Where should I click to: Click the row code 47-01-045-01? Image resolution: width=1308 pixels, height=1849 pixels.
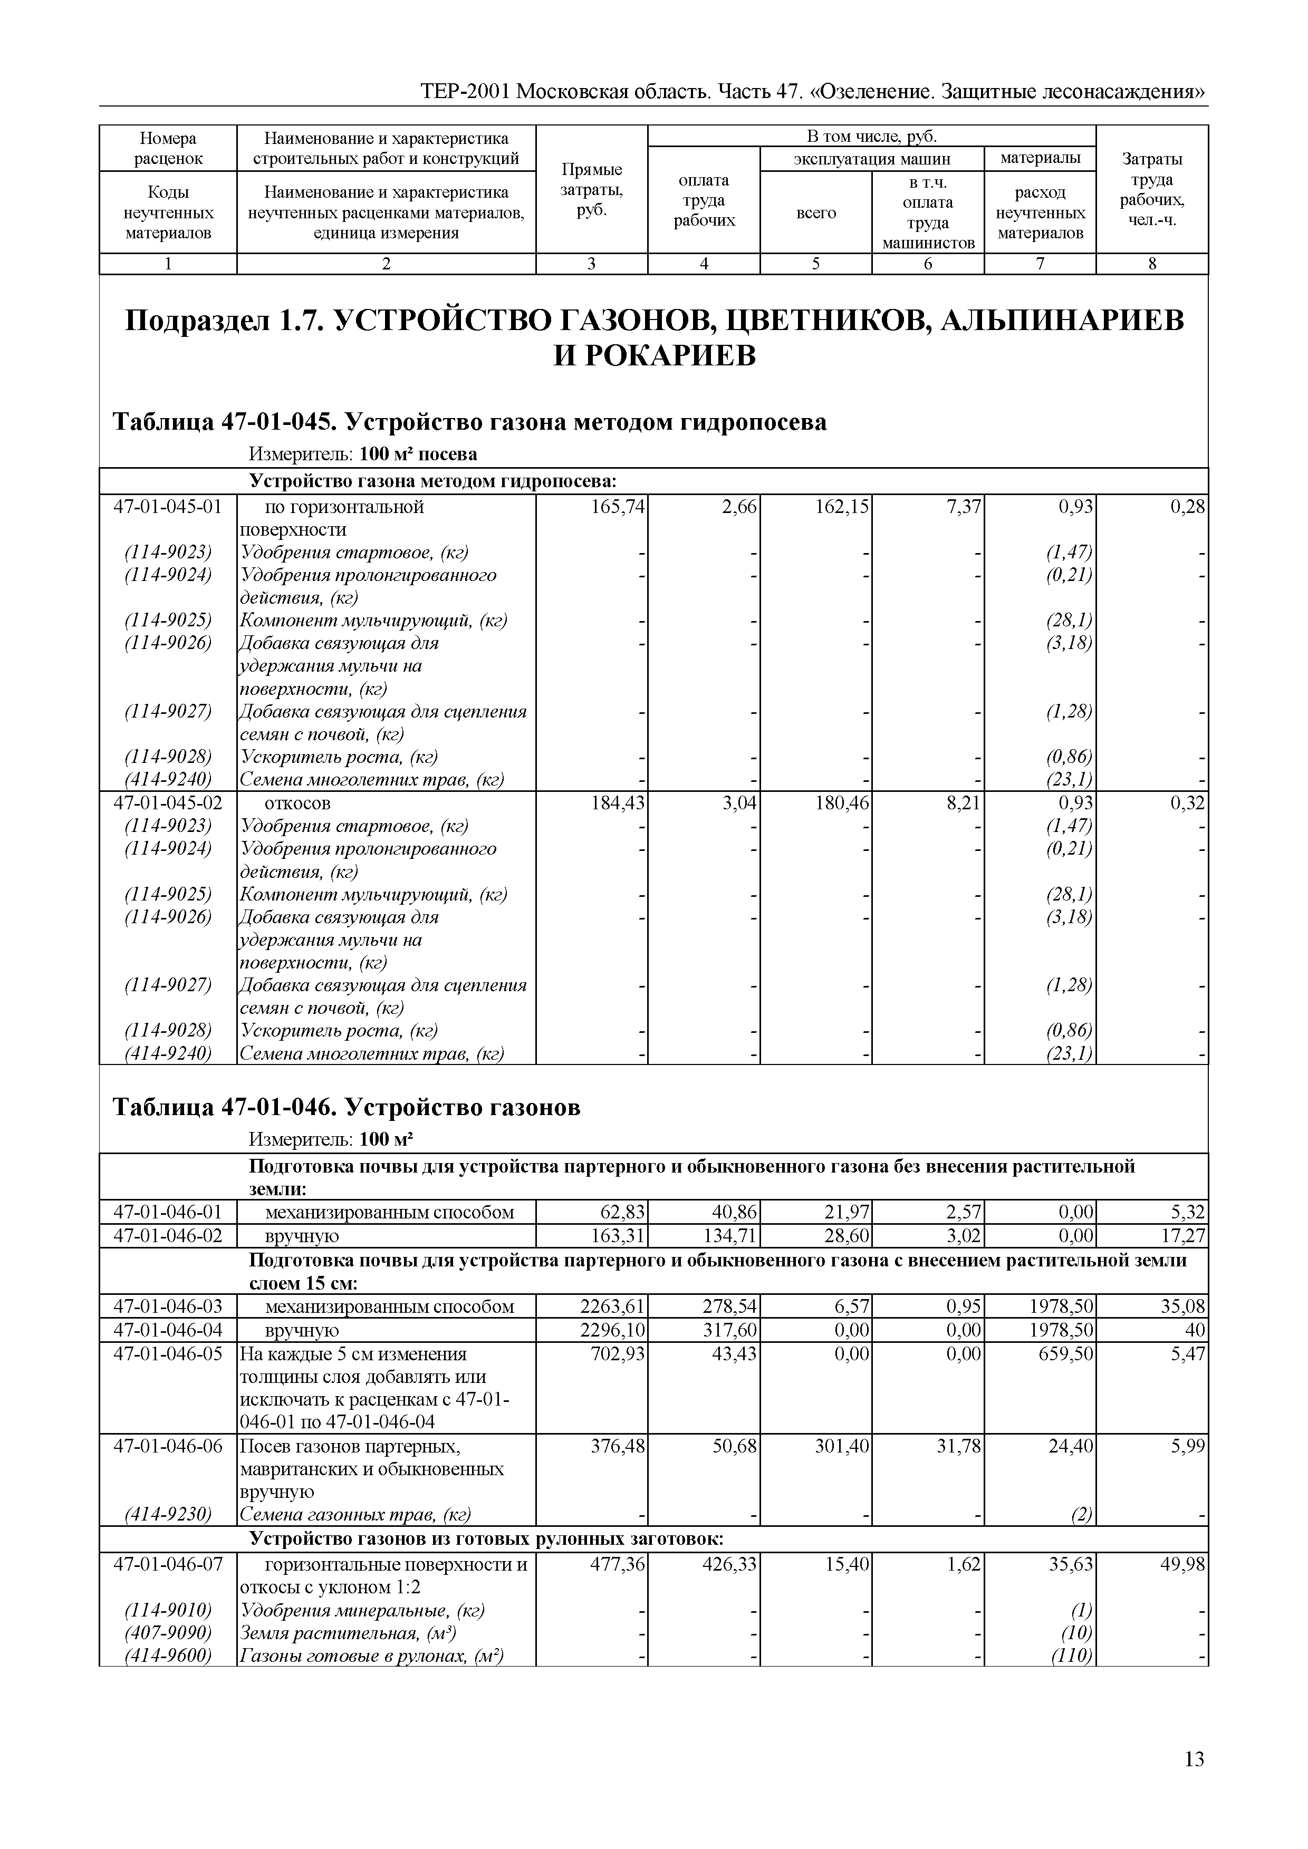point(168,507)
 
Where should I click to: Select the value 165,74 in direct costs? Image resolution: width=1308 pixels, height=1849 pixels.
point(619,507)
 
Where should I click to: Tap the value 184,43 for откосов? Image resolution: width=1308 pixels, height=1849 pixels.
point(619,803)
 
